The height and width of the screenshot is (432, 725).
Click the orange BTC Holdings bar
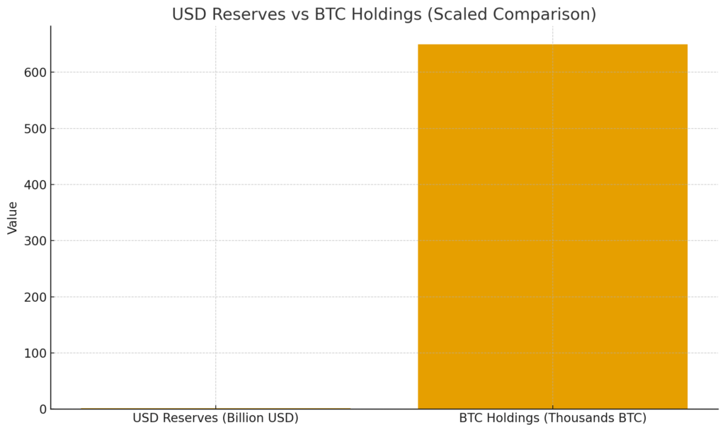coord(552,226)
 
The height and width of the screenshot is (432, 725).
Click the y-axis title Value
coord(13,218)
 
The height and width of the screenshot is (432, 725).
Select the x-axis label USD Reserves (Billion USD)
coord(215,418)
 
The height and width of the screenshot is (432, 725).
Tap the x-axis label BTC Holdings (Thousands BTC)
coord(552,418)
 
